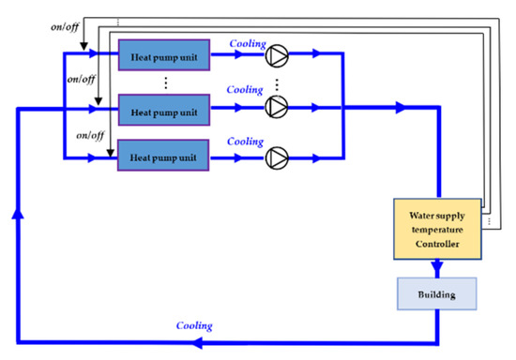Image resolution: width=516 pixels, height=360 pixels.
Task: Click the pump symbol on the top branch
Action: [x=276, y=55]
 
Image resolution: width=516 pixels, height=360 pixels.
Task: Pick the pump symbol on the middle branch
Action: [x=276, y=108]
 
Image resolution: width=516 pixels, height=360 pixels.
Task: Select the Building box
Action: [x=438, y=293]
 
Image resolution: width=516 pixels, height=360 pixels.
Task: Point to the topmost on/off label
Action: [x=66, y=27]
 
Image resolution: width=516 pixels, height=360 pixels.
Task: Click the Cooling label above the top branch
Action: [x=247, y=42]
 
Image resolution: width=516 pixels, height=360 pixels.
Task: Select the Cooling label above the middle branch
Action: [x=247, y=90]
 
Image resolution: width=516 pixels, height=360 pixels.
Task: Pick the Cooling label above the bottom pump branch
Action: [x=247, y=141]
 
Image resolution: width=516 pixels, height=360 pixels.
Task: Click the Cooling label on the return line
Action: [x=194, y=325]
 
